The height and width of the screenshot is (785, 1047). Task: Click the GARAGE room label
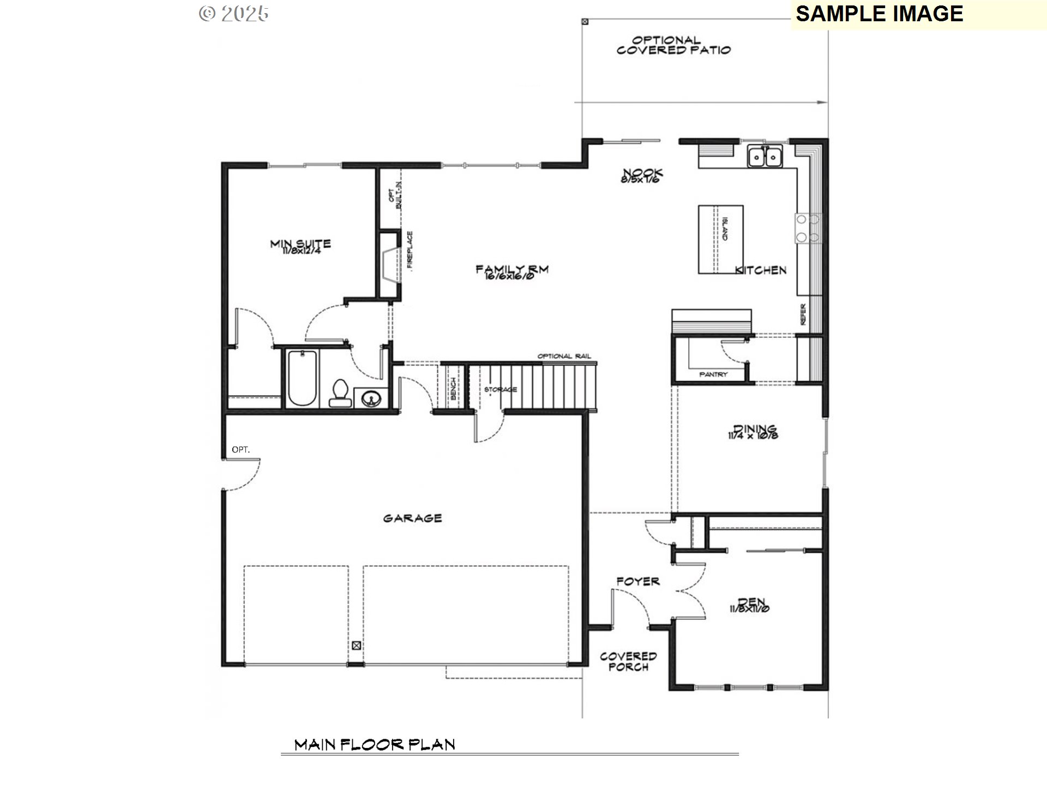[x=412, y=518]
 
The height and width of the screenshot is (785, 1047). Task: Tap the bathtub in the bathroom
[x=302, y=378]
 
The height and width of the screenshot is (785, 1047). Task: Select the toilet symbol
[x=340, y=393]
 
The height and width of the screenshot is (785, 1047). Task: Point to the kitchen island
[x=720, y=239]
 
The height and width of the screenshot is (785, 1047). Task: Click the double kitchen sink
[x=765, y=156]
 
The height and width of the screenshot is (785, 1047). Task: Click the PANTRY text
[x=713, y=375]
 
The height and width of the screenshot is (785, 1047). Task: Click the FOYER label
[x=637, y=581]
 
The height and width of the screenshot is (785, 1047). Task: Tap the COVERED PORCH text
[x=628, y=661]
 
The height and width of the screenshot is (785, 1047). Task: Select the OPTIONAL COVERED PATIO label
[x=673, y=45]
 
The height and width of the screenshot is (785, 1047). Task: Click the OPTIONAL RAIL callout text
[x=564, y=356]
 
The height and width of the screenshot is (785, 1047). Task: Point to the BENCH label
[x=453, y=388]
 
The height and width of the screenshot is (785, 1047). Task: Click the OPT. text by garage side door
[x=240, y=450]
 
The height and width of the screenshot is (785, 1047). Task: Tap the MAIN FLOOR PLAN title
[x=375, y=745]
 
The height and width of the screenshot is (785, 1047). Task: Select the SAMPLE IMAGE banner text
[x=879, y=14]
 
